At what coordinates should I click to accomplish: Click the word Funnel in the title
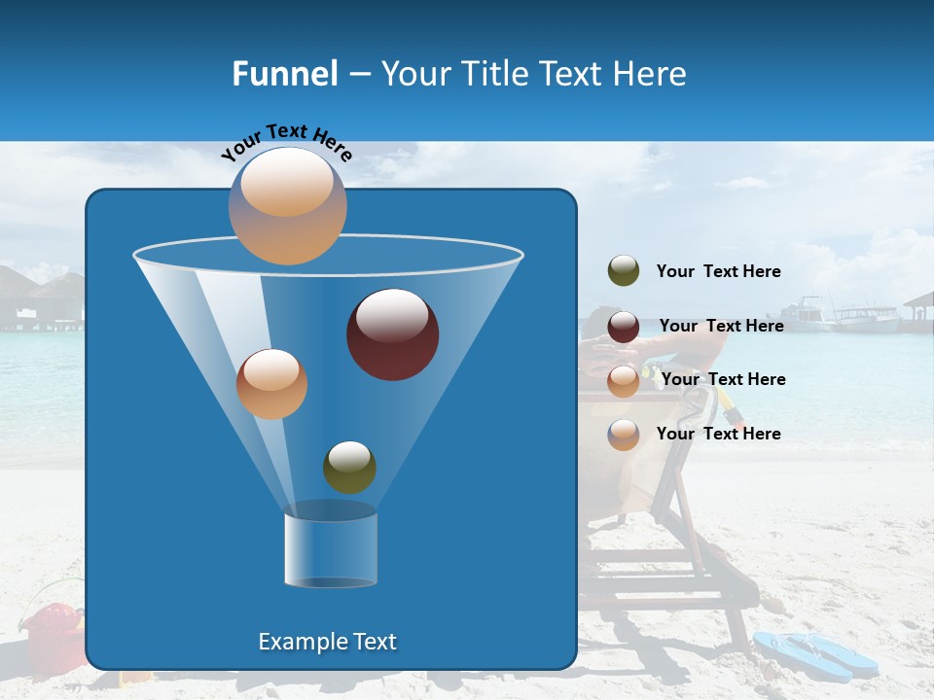[284, 74]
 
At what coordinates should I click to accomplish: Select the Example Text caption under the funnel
[328, 642]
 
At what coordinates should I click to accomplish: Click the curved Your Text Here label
[286, 141]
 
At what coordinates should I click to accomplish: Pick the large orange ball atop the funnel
[288, 206]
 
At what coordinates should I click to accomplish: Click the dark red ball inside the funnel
[393, 334]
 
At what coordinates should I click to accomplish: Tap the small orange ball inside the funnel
[271, 384]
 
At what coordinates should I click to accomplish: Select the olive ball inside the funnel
[349, 467]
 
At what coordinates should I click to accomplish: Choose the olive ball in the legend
[624, 271]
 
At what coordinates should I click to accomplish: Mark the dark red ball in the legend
[624, 327]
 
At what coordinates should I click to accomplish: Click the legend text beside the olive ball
[718, 272]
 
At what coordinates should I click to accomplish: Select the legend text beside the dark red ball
[721, 327]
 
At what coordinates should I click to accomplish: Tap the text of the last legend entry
[718, 434]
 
